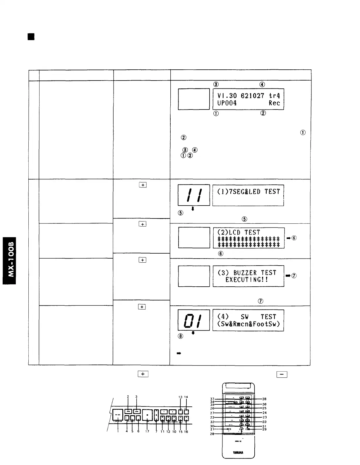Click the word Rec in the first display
tap(274, 103)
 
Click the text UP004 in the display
tap(227, 103)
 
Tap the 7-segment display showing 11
tap(194, 195)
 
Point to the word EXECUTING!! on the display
tap(246, 280)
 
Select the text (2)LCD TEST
tap(239, 232)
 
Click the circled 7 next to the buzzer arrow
tap(294, 276)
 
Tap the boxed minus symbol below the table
tap(282, 374)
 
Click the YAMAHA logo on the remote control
tap(238, 452)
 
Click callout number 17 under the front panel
tap(148, 432)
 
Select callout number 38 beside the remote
tap(264, 399)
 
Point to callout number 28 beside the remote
tap(212, 434)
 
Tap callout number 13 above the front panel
tap(180, 397)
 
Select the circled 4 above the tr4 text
tap(262, 84)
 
